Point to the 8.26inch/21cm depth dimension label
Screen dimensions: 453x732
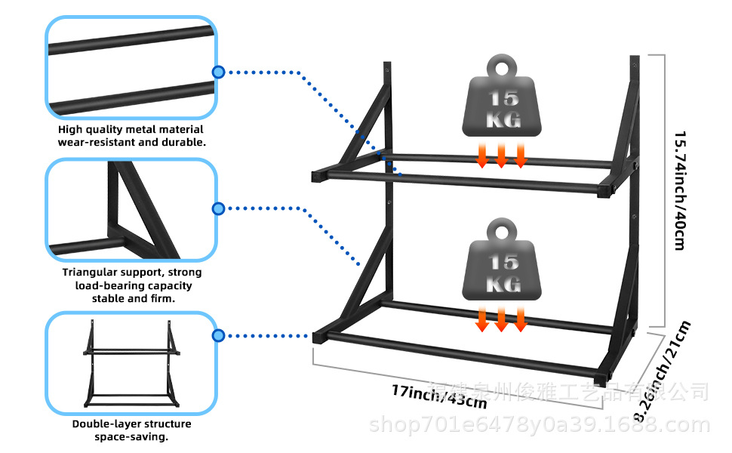(663, 371)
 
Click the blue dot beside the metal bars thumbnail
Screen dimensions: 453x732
(218, 72)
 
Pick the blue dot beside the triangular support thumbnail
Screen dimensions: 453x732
(218, 208)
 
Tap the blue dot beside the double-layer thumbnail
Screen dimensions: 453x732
(218, 335)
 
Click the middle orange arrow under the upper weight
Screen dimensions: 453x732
(501, 156)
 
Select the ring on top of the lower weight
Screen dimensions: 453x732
(501, 230)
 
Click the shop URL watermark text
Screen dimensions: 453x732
(539, 425)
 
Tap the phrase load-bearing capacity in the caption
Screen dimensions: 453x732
(133, 285)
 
